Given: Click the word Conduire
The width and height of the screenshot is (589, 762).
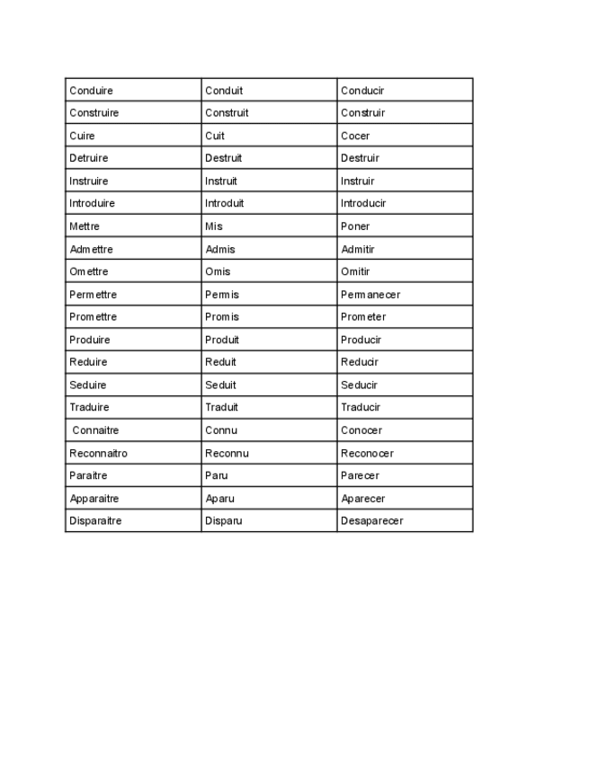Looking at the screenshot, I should click(x=91, y=91).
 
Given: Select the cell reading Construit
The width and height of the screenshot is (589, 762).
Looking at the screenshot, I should click(x=227, y=113).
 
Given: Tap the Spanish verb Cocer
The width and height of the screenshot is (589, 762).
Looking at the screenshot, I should click(x=355, y=136).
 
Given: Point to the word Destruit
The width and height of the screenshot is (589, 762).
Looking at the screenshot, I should click(x=223, y=158).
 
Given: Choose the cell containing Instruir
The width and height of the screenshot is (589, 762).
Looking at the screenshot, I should click(x=357, y=181).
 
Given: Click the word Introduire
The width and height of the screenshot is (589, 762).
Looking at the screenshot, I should click(x=92, y=203).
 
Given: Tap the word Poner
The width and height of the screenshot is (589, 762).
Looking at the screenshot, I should click(x=355, y=226).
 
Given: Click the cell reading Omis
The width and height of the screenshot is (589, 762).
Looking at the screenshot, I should click(x=218, y=271).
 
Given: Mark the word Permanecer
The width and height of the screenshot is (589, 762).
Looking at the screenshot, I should click(x=370, y=295).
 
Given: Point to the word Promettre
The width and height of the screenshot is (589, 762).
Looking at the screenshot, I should click(x=93, y=317).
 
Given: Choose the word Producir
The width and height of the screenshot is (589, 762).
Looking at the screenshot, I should click(x=361, y=340).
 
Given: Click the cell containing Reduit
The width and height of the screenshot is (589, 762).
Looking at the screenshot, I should click(x=220, y=362).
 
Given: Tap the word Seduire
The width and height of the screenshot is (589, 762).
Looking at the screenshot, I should click(x=87, y=385).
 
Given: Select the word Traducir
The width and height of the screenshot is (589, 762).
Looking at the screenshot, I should click(x=361, y=407).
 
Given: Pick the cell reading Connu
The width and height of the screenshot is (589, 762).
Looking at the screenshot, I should click(x=221, y=430).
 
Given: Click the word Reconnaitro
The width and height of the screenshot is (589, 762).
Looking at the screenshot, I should click(x=98, y=453).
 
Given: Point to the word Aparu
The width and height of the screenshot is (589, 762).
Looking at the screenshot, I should click(x=219, y=498).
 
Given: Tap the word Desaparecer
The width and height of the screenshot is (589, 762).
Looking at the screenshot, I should click(x=371, y=520).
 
